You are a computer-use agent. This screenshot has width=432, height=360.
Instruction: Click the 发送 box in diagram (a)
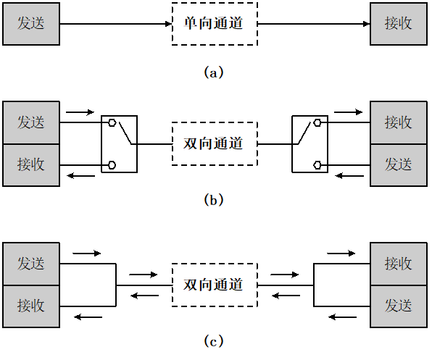pyautogui.click(x=31, y=24)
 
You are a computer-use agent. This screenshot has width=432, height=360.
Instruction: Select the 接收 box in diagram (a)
pyautogui.click(x=398, y=24)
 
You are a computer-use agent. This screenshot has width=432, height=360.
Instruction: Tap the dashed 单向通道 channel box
pyautogui.click(x=214, y=24)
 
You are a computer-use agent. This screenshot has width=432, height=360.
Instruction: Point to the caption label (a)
pyautogui.click(x=215, y=72)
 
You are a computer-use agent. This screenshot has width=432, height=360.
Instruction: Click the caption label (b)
pyautogui.click(x=215, y=201)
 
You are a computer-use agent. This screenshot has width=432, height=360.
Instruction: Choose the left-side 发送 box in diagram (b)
pyautogui.click(x=31, y=122)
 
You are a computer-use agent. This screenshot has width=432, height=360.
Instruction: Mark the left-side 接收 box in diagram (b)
pyautogui.click(x=31, y=164)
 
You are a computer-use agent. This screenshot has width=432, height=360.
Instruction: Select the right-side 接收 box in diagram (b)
pyautogui.click(x=398, y=122)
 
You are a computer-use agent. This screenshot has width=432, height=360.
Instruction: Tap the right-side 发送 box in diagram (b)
pyautogui.click(x=398, y=164)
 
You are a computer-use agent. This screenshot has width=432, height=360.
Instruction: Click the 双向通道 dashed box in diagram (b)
pyautogui.click(x=214, y=143)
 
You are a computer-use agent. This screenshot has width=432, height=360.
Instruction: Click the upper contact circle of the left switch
pyautogui.click(x=112, y=122)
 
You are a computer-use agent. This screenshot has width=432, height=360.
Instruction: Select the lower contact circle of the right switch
pyautogui.click(x=317, y=165)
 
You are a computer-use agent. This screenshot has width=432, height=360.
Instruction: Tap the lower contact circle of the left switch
pyautogui.click(x=112, y=165)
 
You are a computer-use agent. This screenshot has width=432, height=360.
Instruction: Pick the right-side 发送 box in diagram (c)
pyautogui.click(x=398, y=305)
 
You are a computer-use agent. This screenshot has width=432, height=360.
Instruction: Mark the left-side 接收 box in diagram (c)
pyautogui.click(x=31, y=305)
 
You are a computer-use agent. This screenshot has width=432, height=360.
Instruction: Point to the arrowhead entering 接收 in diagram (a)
pyautogui.click(x=366, y=24)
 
